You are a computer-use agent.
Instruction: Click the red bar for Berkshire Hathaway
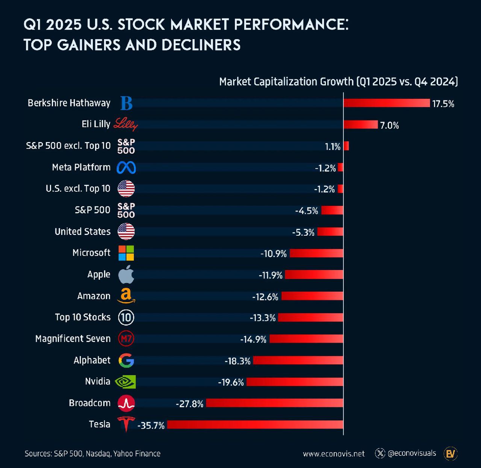[x=386, y=103]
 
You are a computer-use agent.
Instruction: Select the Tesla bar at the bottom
[x=255, y=425]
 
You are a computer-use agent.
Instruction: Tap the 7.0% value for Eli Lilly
[x=389, y=125]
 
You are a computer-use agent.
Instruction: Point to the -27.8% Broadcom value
[x=189, y=404]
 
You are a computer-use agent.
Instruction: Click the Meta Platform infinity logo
[x=126, y=168]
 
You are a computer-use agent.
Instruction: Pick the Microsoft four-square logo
[x=126, y=253]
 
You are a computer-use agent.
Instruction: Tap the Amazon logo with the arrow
[x=126, y=296]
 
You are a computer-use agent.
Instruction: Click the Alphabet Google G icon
[x=126, y=360]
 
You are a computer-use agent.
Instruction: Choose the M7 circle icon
[x=126, y=339]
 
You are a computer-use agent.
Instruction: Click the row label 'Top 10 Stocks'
[x=83, y=317]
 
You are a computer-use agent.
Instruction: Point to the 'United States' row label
[x=83, y=232]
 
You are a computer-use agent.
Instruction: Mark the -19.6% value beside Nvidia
[x=231, y=382]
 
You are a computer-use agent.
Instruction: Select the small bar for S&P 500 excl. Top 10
[x=346, y=146]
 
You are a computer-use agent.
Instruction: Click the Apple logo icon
[x=126, y=274]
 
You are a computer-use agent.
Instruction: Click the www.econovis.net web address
[x=334, y=454]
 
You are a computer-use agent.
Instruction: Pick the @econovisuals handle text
[x=412, y=453]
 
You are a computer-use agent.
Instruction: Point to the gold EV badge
[x=450, y=454]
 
